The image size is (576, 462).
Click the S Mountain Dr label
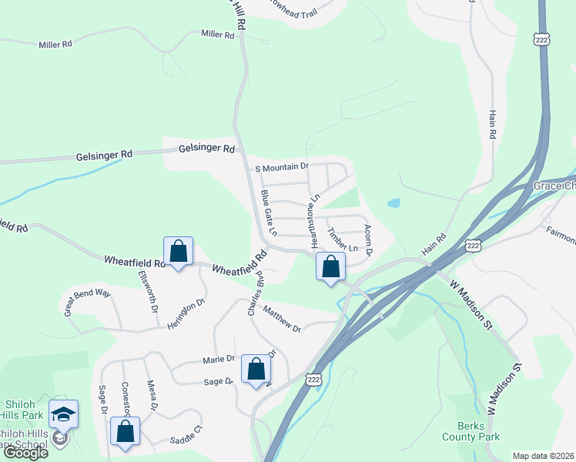pyautogui.click(x=281, y=166)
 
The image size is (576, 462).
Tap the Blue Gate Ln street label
pyautogui.click(x=268, y=213)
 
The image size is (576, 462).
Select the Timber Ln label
pyautogui.click(x=343, y=241)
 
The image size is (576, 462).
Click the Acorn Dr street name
pyautogui.click(x=368, y=240)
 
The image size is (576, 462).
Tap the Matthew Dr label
pyautogui.click(x=281, y=317)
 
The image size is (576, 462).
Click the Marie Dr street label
pyautogui.click(x=218, y=359)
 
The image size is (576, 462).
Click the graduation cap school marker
pyautogui.click(x=63, y=413)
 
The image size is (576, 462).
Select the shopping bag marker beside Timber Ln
pyautogui.click(x=330, y=266)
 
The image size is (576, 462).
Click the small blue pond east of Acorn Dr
pyautogui.click(x=393, y=204)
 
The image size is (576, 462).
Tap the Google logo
pyautogui.click(x=25, y=453)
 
